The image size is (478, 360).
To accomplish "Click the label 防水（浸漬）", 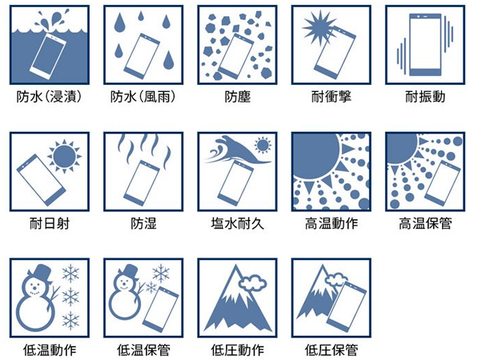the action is (x=50, y=97).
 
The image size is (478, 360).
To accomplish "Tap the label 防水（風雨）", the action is (x=143, y=97).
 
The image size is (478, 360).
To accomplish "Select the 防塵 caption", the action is (x=237, y=97).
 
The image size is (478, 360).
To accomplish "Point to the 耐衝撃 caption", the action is (x=331, y=97).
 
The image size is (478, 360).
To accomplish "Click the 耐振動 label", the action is (x=425, y=97).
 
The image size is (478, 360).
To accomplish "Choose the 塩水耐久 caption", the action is (x=237, y=223).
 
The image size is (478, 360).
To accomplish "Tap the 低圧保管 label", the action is (x=331, y=350).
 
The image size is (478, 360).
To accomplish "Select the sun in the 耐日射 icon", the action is (x=64, y=156).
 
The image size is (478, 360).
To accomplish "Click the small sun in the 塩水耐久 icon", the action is (x=263, y=145).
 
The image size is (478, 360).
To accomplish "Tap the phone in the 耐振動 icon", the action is (x=425, y=45).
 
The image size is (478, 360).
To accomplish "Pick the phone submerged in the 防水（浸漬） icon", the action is (x=48, y=56).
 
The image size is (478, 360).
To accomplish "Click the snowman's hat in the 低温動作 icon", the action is (x=39, y=273).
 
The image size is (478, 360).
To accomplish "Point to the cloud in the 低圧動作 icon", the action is (x=252, y=282).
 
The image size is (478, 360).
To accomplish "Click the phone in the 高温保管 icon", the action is (x=443, y=184).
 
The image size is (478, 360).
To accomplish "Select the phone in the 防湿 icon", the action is (x=142, y=183).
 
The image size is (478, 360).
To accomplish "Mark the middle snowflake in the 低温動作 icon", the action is (x=70, y=297).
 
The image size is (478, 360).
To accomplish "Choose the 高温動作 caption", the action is (x=331, y=223).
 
